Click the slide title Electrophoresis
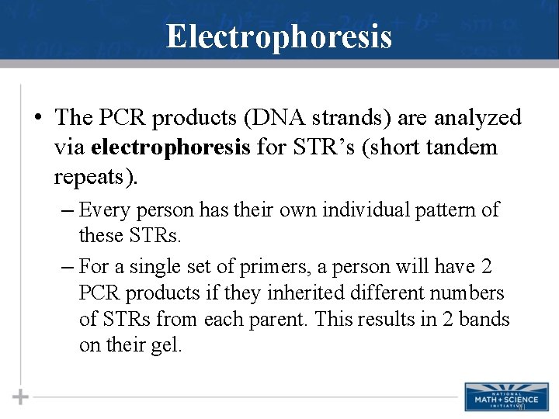279,36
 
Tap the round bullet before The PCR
37,118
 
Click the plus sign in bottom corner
20,396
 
